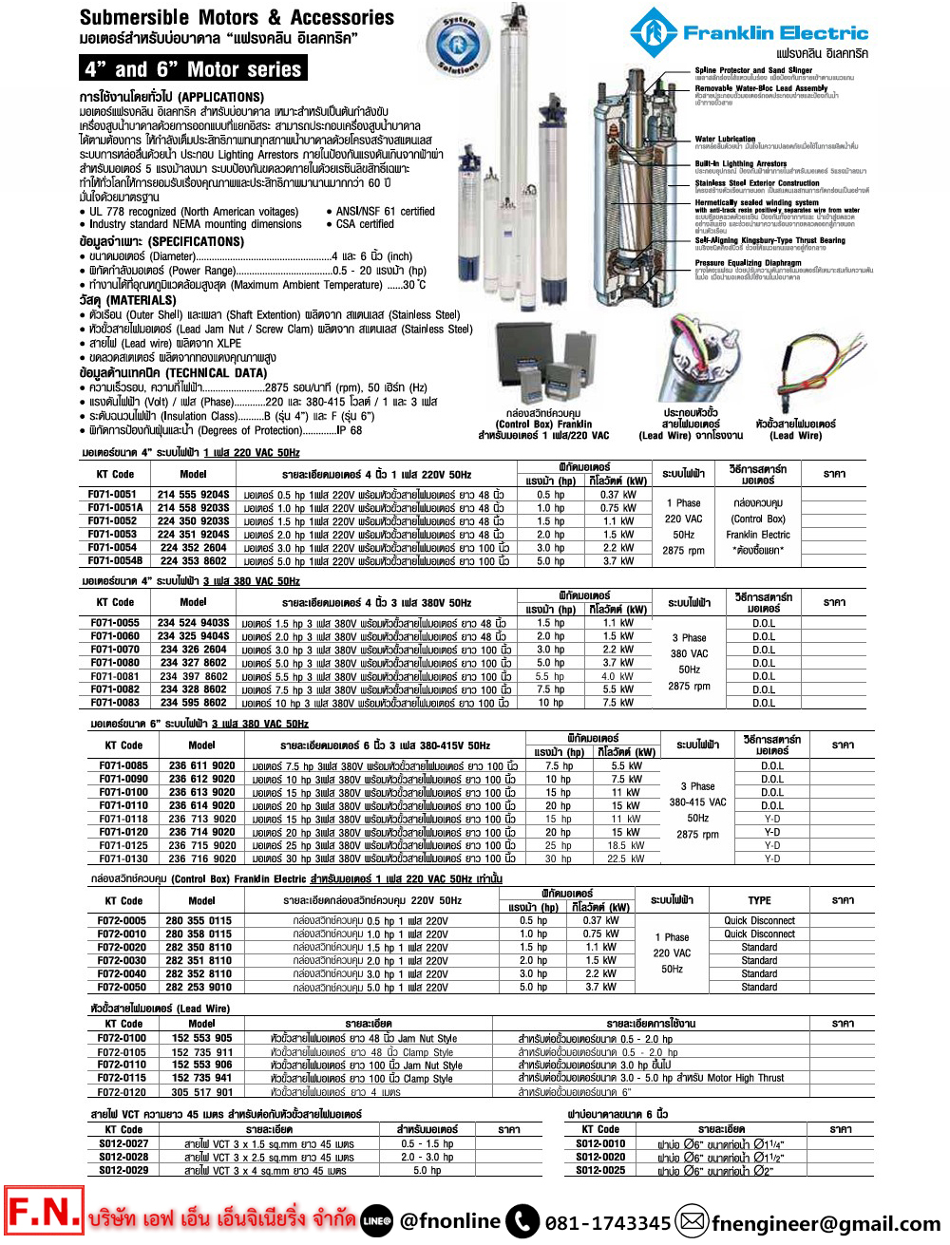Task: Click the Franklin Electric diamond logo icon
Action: pyautogui.click(x=654, y=32)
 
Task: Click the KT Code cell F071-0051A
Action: pyautogui.click(x=115, y=508)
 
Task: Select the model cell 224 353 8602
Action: pyautogui.click(x=193, y=561)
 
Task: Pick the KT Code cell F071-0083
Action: pyautogui.click(x=115, y=703)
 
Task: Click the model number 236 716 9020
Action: pyautogui.click(x=202, y=858)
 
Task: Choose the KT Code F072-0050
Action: pyautogui.click(x=122, y=987)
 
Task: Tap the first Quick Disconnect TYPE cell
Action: pyautogui.click(x=759, y=920)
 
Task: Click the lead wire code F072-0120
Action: pyautogui.click(x=122, y=1092)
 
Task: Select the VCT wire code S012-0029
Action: pyautogui.click(x=123, y=1170)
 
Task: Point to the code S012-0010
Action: pyautogui.click(x=600, y=1143)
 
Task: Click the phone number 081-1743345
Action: pyautogui.click(x=608, y=1222)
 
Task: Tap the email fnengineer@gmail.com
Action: pyautogui.click(x=826, y=1223)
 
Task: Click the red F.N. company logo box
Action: pyautogui.click(x=44, y=1213)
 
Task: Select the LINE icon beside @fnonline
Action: pyautogui.click(x=376, y=1221)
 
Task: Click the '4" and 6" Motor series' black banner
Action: pyautogui.click(x=193, y=68)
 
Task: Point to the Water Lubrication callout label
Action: pyautogui.click(x=725, y=139)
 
